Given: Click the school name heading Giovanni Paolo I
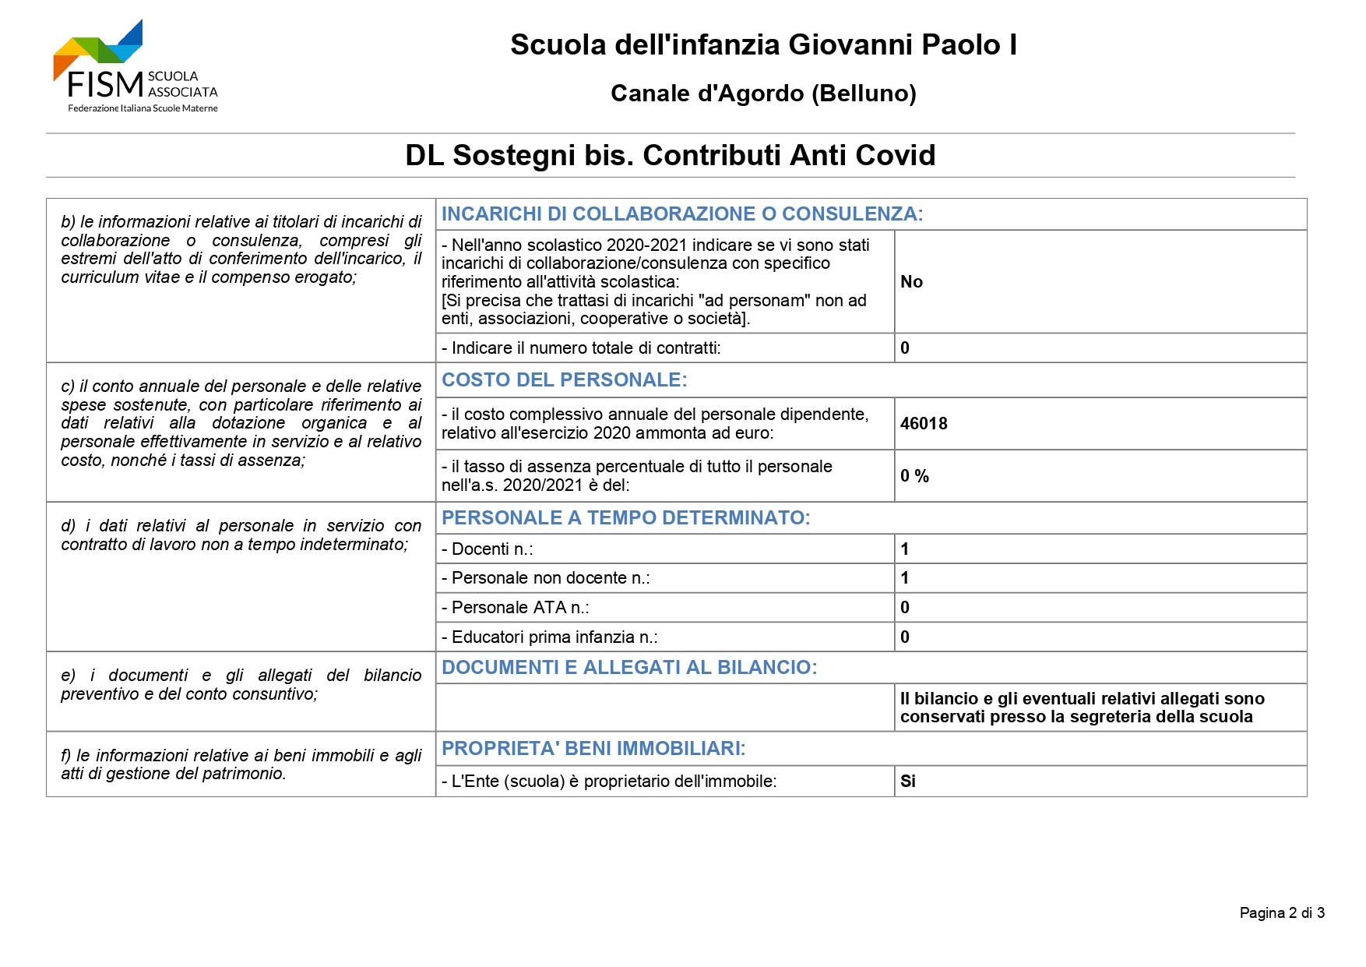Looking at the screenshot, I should (763, 45).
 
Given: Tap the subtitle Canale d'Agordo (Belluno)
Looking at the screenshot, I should (763, 94).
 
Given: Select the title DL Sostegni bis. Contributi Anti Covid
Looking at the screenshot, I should (670, 155).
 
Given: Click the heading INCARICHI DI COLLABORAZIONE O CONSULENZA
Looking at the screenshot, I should (682, 214).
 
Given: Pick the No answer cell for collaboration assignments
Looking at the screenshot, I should (911, 282).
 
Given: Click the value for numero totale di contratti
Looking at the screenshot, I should (905, 348).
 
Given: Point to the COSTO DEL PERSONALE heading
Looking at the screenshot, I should (565, 380).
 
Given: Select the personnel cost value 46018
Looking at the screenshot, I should (924, 424).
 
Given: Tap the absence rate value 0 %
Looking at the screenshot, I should (914, 476).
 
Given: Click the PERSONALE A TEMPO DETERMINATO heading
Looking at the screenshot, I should (626, 518).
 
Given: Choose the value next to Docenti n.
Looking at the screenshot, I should (905, 549).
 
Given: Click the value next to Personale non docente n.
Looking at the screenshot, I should (905, 578).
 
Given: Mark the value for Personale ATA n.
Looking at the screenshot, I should (905, 608).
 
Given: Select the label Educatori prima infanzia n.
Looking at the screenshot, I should (550, 637).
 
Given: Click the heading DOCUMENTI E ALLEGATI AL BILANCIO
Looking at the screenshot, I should (629, 668).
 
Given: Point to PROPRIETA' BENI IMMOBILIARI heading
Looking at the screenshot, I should (593, 749).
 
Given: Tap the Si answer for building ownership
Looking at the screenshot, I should (908, 782).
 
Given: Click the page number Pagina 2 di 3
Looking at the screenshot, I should (1282, 913).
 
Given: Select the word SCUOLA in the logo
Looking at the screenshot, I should (173, 76).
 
